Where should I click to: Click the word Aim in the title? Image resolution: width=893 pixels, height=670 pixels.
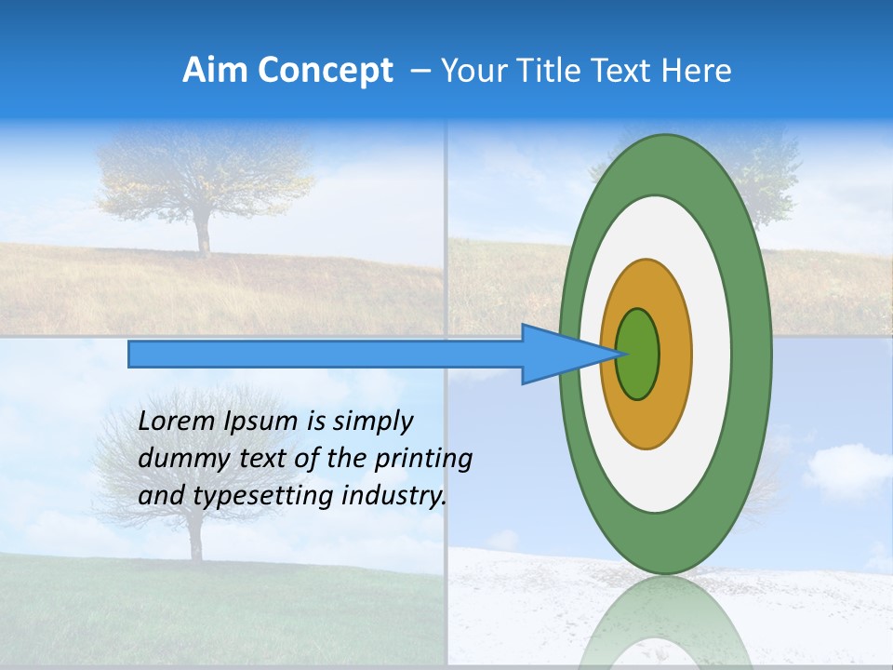pyautogui.click(x=213, y=71)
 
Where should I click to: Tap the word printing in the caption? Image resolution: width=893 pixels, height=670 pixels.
pyautogui.click(x=423, y=460)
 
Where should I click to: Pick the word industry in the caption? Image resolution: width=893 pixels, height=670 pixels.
pyautogui.click(x=392, y=496)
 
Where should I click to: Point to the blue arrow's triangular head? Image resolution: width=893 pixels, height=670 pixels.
pyautogui.click(x=558, y=355)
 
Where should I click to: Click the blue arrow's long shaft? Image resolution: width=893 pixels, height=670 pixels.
pyautogui.click(x=326, y=355)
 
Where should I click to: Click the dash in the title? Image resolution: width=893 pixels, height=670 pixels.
pyautogui.click(x=420, y=71)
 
